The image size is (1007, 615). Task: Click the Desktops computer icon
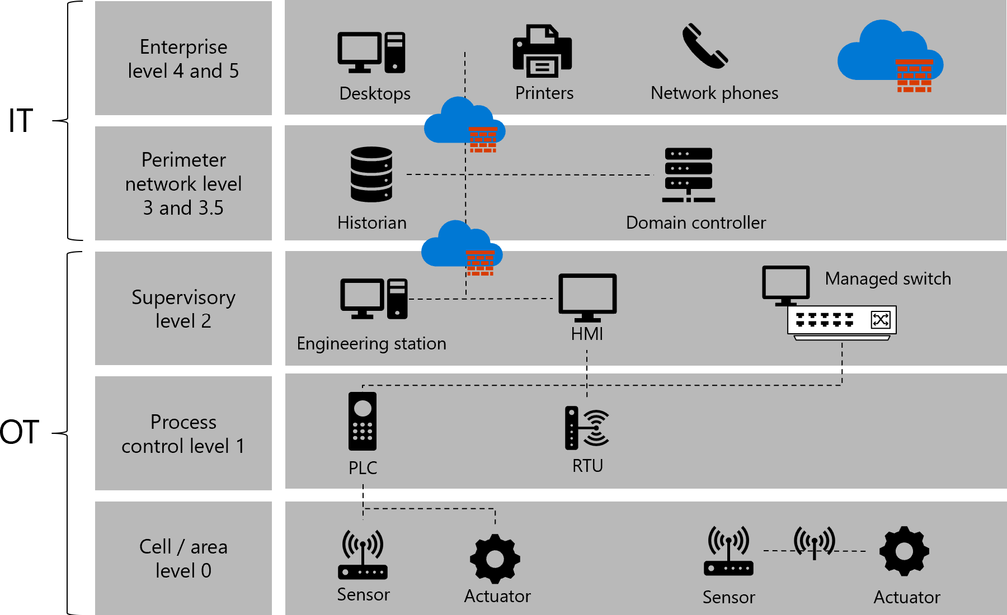371,53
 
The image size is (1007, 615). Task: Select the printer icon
542,51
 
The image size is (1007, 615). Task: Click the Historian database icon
371,174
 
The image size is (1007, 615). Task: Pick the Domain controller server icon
688,175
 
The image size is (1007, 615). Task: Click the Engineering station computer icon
374,299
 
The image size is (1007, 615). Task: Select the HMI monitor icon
587,297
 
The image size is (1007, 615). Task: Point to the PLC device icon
363,421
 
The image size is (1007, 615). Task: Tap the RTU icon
587,428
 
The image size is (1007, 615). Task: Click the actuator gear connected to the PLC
495,559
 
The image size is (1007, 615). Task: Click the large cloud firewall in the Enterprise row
890,56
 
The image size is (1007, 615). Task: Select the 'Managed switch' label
888,278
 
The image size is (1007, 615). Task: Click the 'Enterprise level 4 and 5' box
183,58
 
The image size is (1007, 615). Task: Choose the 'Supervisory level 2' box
183,309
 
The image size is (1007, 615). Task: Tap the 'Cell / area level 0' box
183,558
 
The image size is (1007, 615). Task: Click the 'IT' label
21,121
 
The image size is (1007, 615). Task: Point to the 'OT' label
20,432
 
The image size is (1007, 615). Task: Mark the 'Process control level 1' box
183,433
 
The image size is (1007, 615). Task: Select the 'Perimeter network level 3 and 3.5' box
183,183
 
